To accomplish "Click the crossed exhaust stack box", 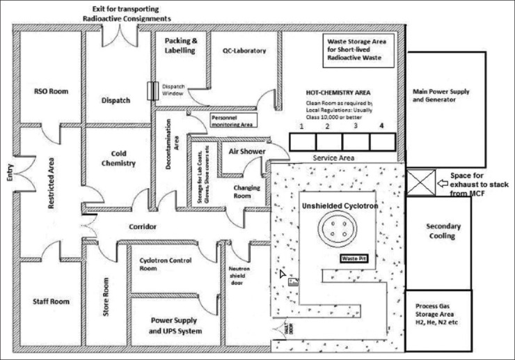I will pyautogui.click(x=419, y=185).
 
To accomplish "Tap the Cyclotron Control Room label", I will pyautogui.click(x=164, y=265).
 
